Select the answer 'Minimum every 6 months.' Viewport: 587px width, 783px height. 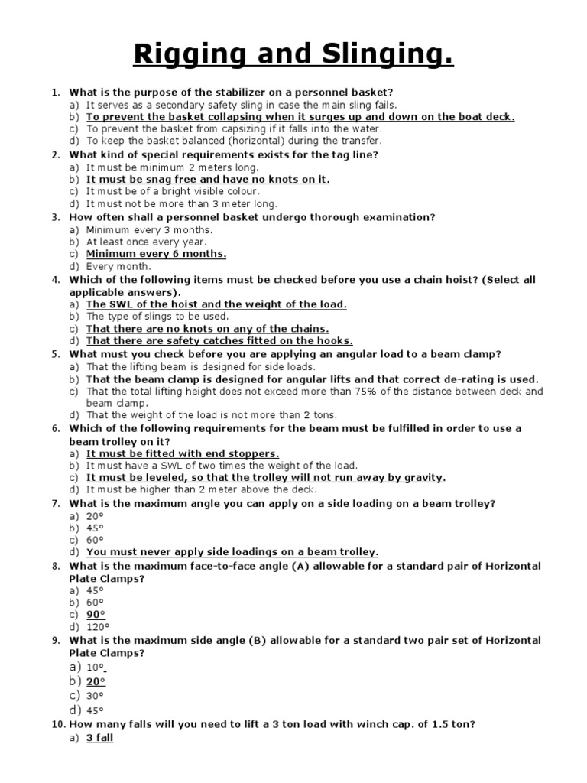click(x=156, y=254)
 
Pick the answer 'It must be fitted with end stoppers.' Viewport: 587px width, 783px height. click(x=183, y=453)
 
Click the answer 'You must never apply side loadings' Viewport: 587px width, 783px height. click(x=232, y=552)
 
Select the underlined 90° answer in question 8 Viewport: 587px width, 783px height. click(x=96, y=615)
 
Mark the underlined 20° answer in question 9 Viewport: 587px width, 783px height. click(x=96, y=681)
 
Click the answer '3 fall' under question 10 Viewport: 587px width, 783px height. click(x=99, y=738)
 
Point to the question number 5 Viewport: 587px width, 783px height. click(x=55, y=354)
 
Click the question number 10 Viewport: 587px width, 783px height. click(x=58, y=724)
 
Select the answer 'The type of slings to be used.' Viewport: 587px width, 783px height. click(x=157, y=316)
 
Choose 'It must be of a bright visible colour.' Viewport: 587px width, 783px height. click(x=173, y=191)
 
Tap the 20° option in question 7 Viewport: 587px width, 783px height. click(x=95, y=515)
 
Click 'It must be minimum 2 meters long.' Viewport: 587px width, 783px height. click(x=172, y=167)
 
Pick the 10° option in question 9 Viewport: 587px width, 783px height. click(x=95, y=667)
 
